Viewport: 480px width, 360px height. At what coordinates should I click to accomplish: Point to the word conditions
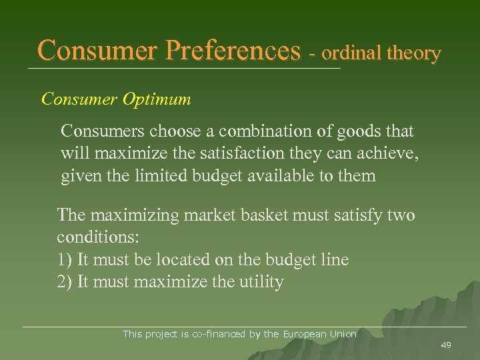point(97,238)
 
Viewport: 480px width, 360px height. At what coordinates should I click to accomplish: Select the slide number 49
point(445,344)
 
